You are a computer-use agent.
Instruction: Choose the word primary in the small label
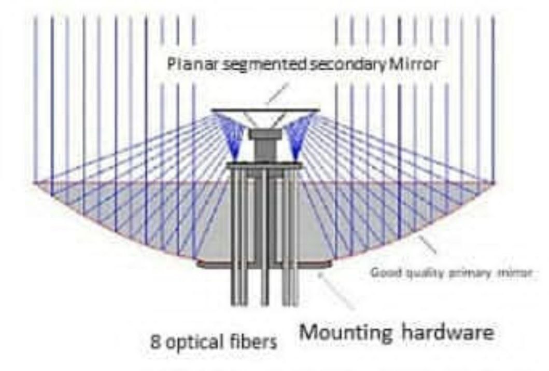pyautogui.click(x=475, y=271)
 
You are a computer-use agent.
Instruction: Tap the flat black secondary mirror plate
pyautogui.click(x=264, y=110)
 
